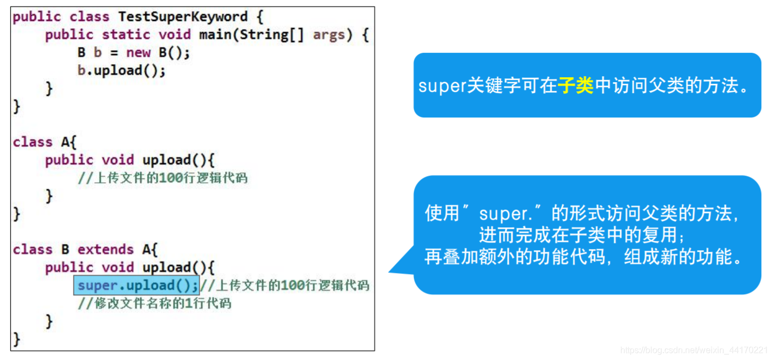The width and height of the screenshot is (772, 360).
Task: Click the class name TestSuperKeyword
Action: click(183, 17)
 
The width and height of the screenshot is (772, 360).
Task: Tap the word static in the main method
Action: click(126, 35)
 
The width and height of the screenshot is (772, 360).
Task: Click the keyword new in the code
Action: click(138, 53)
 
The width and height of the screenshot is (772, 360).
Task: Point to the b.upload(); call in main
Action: click(121, 71)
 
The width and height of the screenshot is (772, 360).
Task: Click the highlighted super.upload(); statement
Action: click(136, 285)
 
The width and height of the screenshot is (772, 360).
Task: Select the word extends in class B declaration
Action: click(105, 250)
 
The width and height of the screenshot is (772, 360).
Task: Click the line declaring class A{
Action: click(45, 142)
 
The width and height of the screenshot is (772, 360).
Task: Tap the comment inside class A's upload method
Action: click(163, 178)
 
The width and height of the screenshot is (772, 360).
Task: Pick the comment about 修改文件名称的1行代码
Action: click(154, 303)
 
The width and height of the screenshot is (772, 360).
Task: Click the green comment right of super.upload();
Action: click(284, 285)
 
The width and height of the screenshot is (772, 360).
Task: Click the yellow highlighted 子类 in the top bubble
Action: click(576, 86)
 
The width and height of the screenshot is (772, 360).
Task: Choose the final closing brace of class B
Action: click(17, 339)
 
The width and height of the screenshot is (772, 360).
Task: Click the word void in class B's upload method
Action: click(118, 268)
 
